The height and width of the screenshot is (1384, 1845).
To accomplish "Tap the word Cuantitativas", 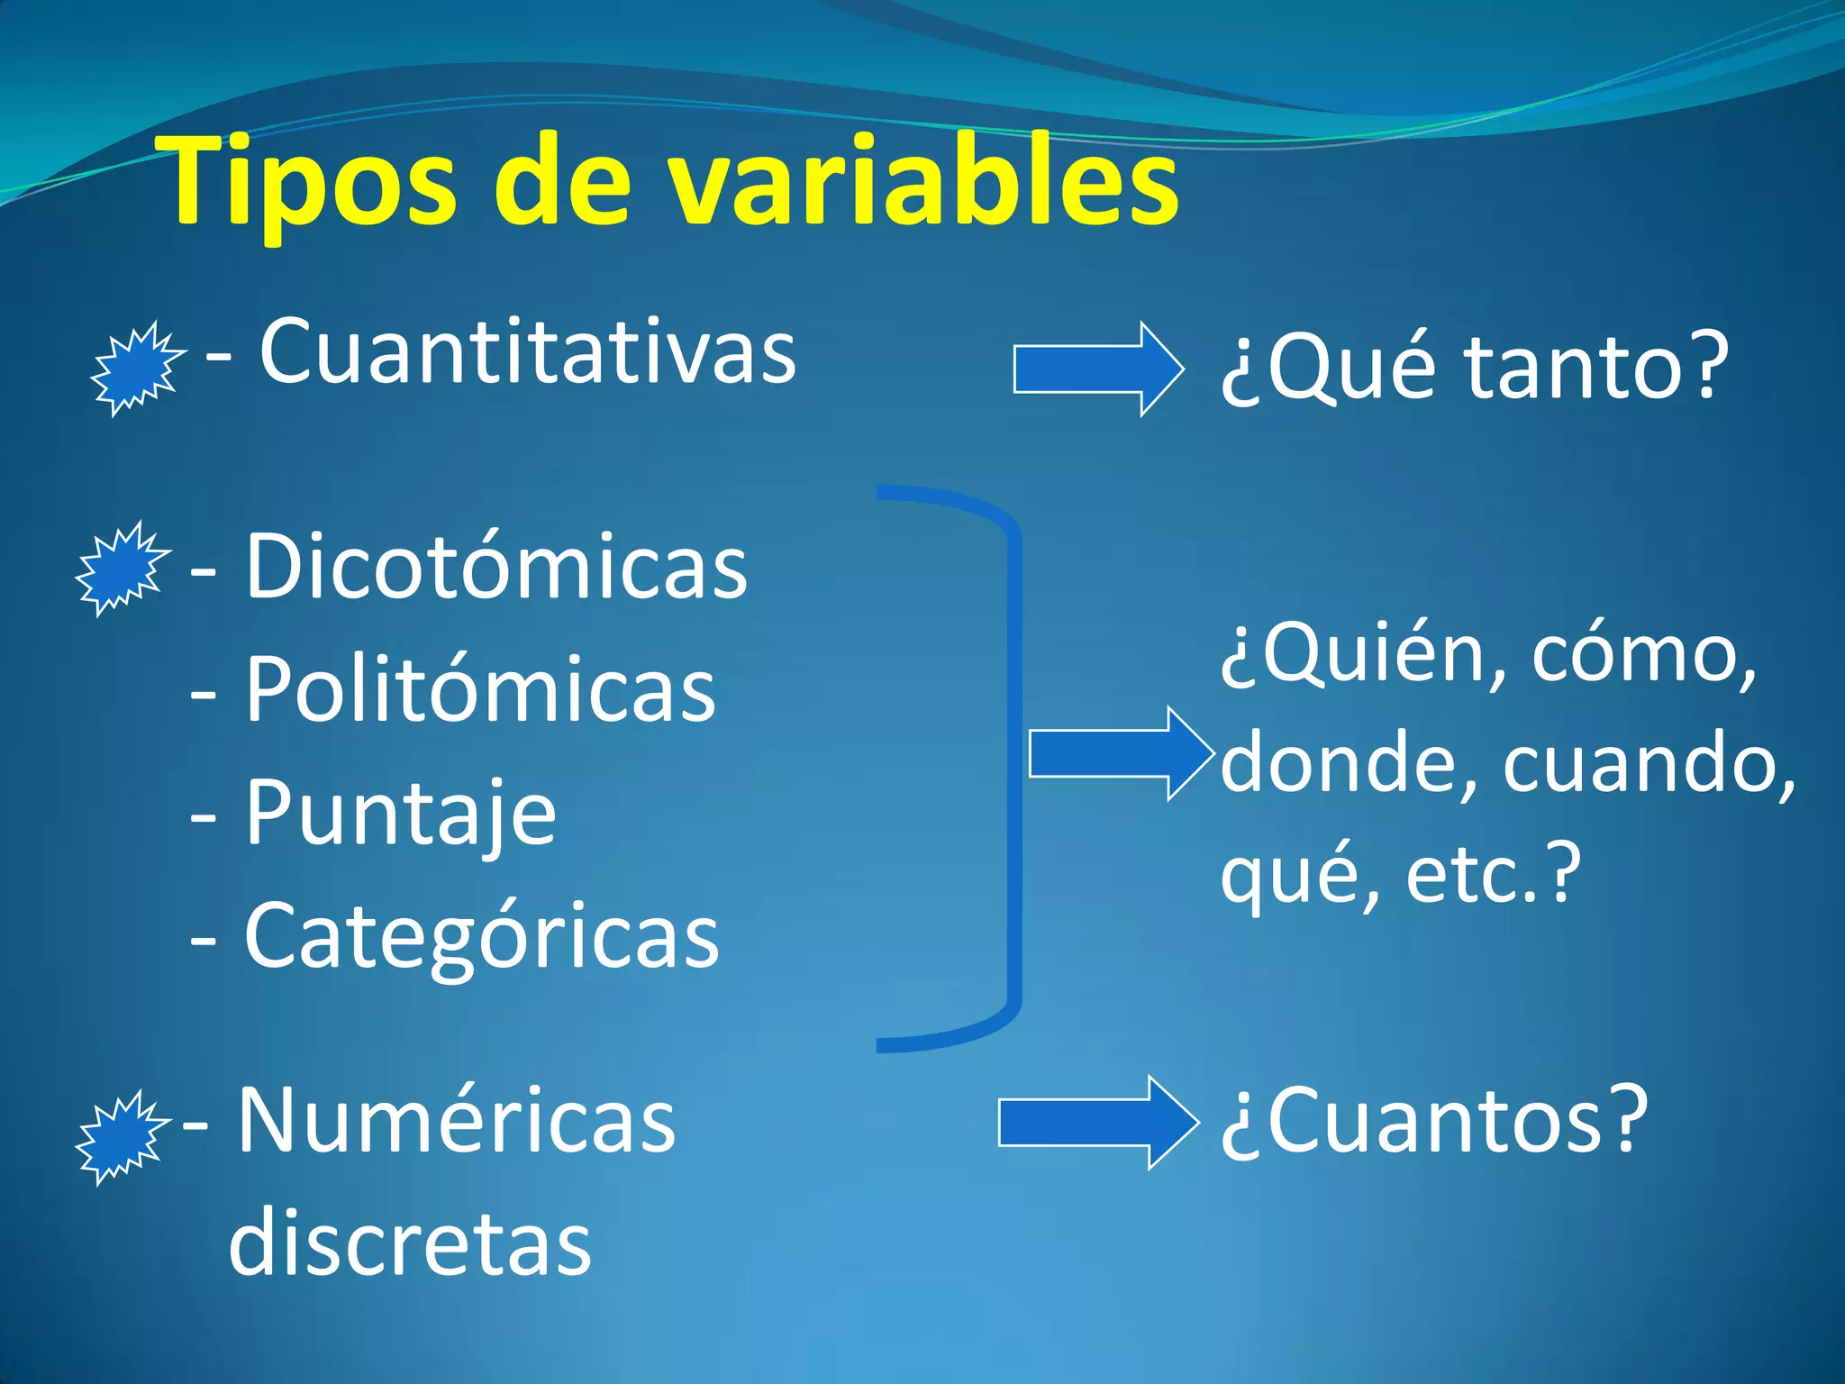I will pos(528,351).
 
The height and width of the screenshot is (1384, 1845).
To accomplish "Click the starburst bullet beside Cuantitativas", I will pos(138,369).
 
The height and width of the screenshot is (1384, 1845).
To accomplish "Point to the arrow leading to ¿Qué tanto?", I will pos(1097,369).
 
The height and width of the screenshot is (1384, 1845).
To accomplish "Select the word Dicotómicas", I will pos(495,567).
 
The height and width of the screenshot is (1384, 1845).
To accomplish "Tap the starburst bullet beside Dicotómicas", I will pos(122,569).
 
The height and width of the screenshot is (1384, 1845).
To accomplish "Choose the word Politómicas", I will pos(480,689).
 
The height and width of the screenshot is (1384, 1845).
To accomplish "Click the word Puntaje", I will pos(401,813).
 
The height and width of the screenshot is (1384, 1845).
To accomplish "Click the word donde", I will pos(1348,763).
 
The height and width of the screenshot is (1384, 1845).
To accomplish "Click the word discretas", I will pos(410,1243).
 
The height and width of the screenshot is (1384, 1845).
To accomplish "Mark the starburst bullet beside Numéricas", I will pos(122,1137).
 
